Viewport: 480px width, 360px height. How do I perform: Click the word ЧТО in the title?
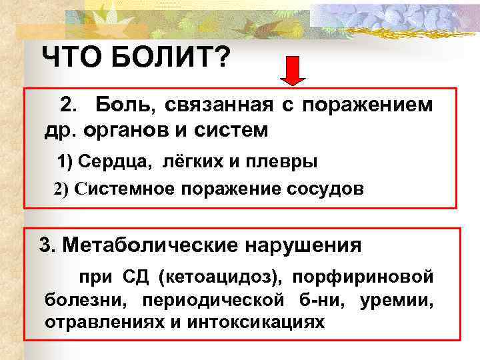[x=68, y=59]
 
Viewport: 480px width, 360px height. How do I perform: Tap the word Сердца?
[x=108, y=161]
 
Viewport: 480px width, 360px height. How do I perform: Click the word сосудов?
[x=324, y=189]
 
